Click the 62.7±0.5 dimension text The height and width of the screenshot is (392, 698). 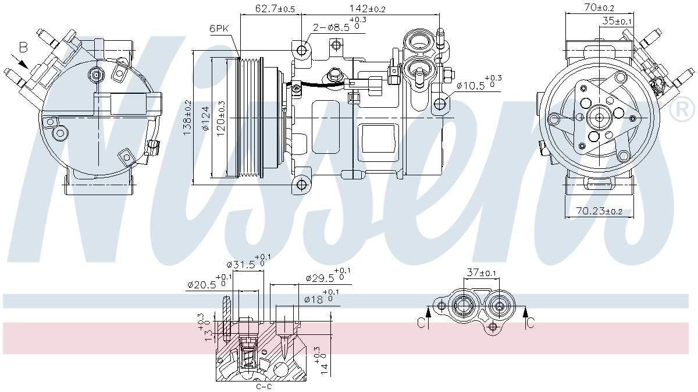pos(275,9)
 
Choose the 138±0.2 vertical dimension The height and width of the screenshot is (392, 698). pos(187,118)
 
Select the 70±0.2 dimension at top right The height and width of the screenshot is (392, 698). pos(599,8)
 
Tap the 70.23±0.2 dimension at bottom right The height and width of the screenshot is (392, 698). pos(599,211)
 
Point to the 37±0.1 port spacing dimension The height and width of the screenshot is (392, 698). pos(481,273)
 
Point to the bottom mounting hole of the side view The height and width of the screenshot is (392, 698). pos(301,185)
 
